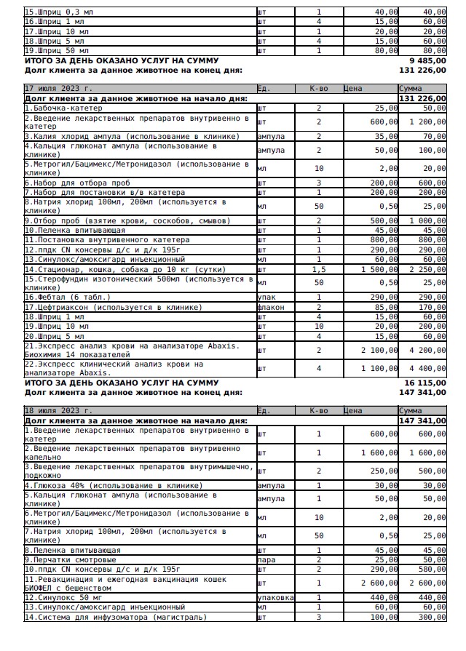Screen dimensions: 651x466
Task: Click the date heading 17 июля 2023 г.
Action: click(x=58, y=88)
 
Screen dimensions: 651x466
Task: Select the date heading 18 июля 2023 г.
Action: click(x=58, y=410)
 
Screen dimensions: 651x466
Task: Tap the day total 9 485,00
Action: click(x=427, y=61)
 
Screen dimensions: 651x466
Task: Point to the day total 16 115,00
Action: click(x=425, y=383)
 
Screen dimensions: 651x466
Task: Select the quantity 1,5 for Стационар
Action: click(x=318, y=269)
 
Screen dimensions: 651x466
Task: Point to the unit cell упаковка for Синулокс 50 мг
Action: click(x=276, y=597)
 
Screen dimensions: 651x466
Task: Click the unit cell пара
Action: click(x=266, y=560)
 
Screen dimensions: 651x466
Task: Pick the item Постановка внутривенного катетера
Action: click(x=107, y=239)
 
